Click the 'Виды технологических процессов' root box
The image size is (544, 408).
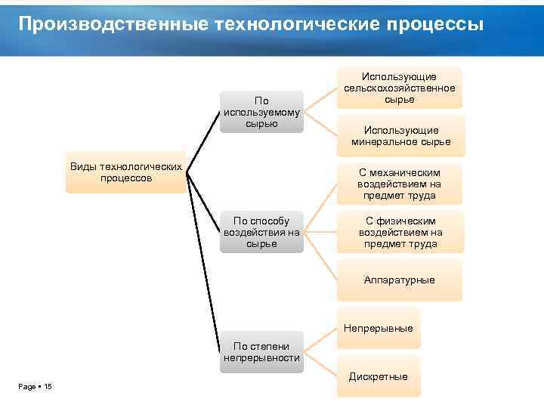[126, 172]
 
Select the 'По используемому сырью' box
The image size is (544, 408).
[261, 112]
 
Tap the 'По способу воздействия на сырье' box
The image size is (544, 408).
[261, 232]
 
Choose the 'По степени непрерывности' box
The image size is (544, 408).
[261, 351]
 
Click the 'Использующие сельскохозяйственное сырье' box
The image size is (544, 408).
[399, 88]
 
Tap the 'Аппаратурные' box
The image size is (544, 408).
[399, 280]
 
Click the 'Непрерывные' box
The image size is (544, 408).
[378, 329]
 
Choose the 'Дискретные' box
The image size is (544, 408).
[378, 376]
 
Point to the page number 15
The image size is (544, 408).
[48, 387]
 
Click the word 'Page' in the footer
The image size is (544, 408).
[26, 387]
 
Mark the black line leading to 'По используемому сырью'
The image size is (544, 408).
[204, 141]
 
